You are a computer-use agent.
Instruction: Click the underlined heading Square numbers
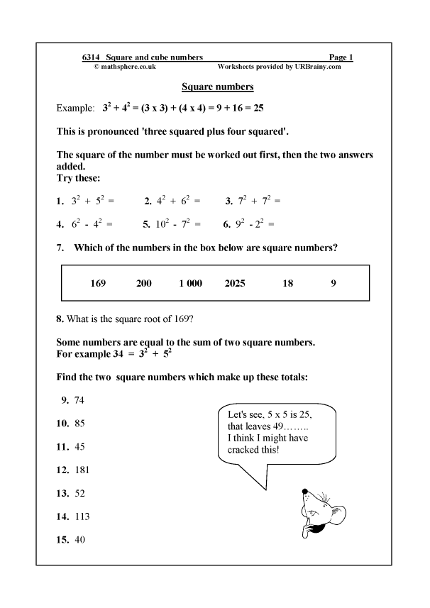(x=218, y=87)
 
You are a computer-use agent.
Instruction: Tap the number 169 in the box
(x=99, y=284)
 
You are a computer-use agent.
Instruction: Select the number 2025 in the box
(x=234, y=284)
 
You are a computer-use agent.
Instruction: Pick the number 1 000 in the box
(x=190, y=284)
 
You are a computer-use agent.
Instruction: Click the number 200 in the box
(x=143, y=284)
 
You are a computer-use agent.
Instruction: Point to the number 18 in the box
(x=287, y=284)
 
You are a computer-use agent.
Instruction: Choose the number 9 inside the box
(x=333, y=284)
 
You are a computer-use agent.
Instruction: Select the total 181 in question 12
(x=82, y=470)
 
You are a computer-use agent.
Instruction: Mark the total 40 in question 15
(x=79, y=540)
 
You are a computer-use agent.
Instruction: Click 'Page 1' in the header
(x=341, y=57)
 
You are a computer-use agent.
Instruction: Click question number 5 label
(x=145, y=224)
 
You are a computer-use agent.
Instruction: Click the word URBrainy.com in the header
(x=318, y=66)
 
